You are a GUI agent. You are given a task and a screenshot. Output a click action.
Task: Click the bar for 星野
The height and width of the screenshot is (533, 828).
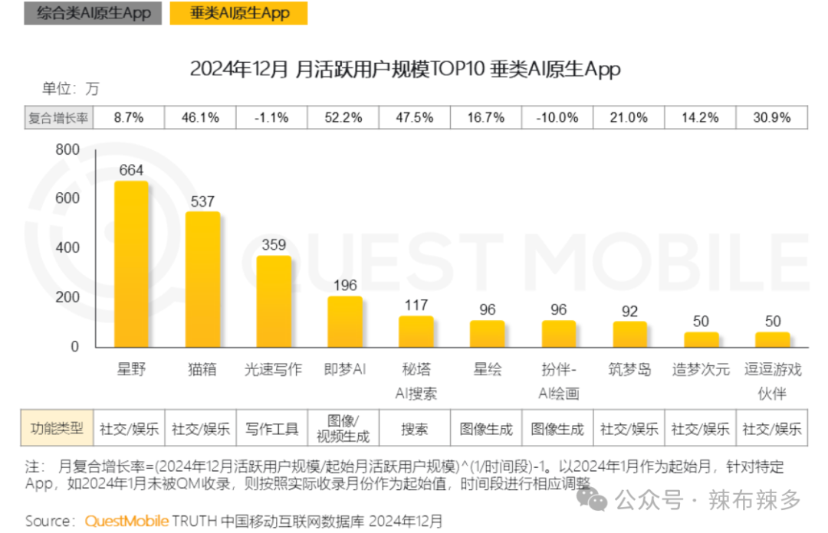pos(131,265)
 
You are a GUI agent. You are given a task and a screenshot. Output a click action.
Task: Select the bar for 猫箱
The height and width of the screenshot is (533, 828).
pos(202,280)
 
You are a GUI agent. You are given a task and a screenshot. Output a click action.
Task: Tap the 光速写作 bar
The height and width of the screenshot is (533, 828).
pos(274,302)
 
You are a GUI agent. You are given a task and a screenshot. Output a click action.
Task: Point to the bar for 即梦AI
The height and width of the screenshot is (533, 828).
pos(345,322)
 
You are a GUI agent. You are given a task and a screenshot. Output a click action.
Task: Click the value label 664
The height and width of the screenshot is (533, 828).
pos(131,170)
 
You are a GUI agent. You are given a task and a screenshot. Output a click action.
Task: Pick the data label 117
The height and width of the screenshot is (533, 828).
pos(416,306)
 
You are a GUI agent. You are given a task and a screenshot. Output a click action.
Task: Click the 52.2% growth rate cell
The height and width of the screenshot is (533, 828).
pos(343,118)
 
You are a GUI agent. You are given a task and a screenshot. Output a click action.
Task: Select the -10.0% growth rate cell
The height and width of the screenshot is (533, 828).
pos(557,118)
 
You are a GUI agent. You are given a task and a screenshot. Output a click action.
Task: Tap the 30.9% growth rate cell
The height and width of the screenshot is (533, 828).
pos(771,118)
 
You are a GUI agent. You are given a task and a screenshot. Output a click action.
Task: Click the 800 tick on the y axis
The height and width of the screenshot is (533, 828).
pos(67,150)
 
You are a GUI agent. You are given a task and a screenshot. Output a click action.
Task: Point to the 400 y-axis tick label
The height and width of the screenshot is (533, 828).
pos(67,248)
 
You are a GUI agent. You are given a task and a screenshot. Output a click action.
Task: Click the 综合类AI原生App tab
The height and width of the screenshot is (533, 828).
pos(93,13)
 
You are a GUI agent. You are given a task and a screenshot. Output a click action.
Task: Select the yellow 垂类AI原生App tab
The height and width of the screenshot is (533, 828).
pos(239,13)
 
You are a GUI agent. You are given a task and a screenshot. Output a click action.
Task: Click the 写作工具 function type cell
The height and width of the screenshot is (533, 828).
pos(272,429)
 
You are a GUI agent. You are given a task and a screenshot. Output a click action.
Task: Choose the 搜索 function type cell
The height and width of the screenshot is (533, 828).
pos(415,429)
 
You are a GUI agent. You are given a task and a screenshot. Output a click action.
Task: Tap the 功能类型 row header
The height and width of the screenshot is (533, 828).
pos(57,428)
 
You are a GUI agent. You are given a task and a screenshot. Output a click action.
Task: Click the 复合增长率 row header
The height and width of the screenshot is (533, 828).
pos(59,118)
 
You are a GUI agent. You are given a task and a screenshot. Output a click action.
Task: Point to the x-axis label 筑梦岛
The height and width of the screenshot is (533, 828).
pos(630,370)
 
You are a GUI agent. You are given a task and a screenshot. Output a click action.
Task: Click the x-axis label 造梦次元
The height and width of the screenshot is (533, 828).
pos(701,370)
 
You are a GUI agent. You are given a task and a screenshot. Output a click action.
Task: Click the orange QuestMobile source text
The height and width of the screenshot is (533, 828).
pos(127,521)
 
